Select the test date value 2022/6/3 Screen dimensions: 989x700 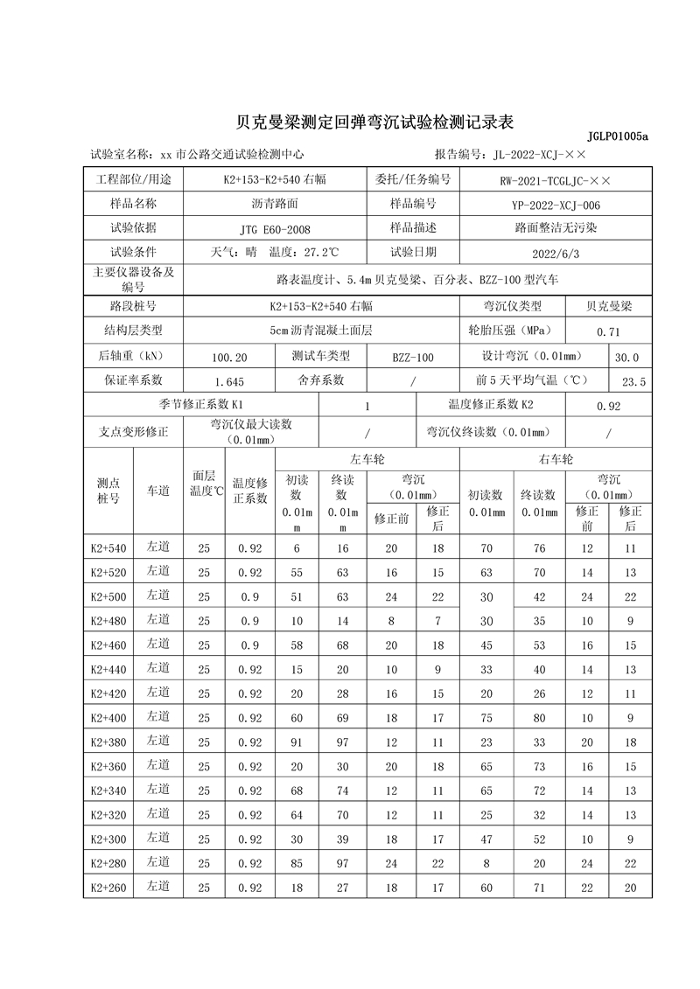[x=556, y=253]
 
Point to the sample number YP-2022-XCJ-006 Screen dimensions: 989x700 [x=556, y=205]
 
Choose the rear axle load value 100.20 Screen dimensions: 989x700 [x=229, y=358]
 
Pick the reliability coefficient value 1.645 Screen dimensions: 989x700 [x=229, y=382]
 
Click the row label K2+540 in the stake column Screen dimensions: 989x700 [x=108, y=548]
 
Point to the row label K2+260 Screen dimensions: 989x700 [x=108, y=888]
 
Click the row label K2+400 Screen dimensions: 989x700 [x=108, y=718]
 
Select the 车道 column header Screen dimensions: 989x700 [x=158, y=491]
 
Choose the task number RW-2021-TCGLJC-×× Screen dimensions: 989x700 [x=556, y=181]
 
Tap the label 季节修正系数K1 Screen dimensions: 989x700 [x=200, y=405]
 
